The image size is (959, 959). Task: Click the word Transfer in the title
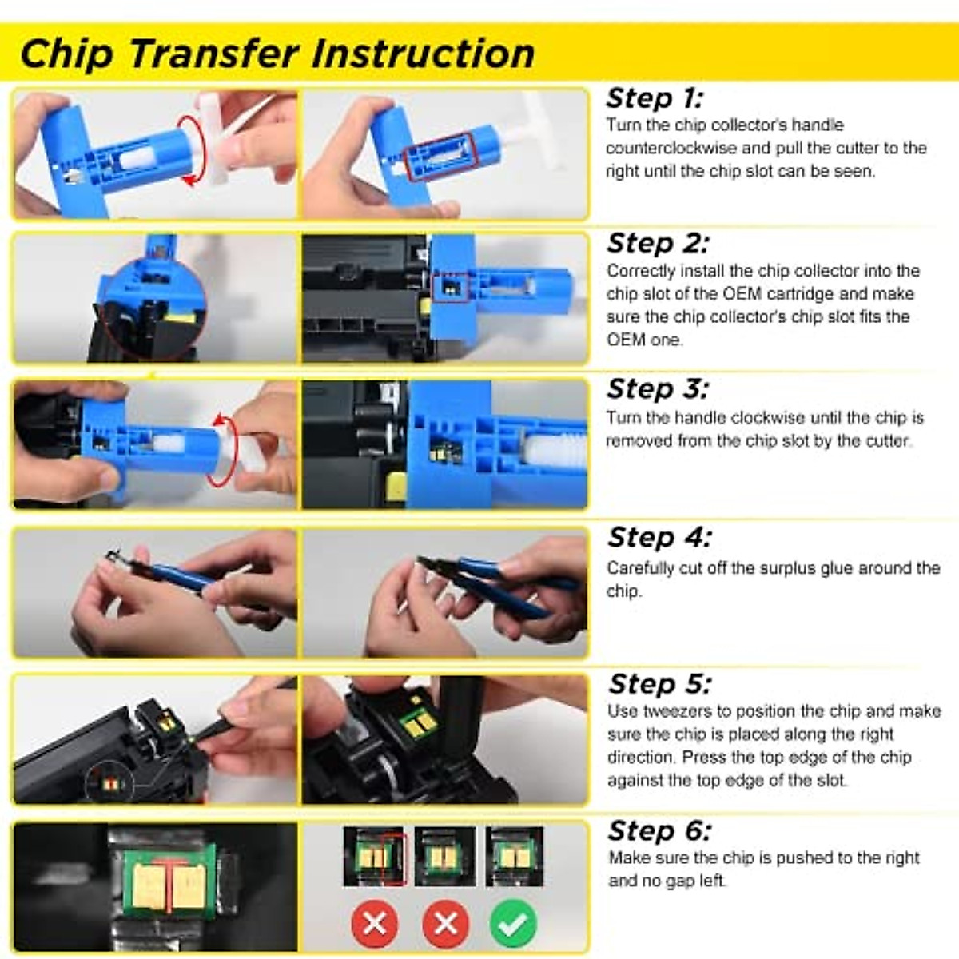tap(213, 54)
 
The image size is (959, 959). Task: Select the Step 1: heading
tap(655, 98)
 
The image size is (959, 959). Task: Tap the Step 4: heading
tap(659, 538)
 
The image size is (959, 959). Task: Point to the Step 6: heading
tap(659, 831)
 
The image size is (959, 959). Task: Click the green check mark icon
tap(513, 924)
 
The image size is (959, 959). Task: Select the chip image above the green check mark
tap(514, 857)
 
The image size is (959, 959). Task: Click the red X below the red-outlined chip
tap(374, 924)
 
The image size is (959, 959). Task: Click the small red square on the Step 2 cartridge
tap(450, 288)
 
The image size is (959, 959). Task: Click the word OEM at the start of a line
tap(623, 340)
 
